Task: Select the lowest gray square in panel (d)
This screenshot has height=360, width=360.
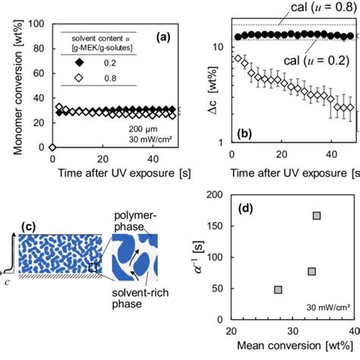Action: click(278, 289)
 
